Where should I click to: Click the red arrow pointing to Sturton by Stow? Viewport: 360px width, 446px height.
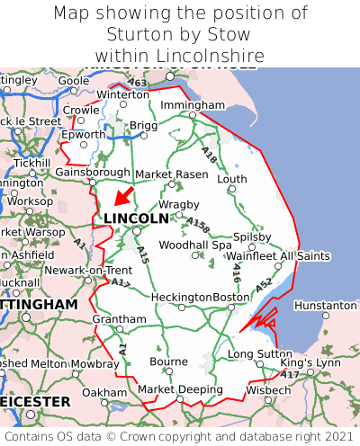(123, 195)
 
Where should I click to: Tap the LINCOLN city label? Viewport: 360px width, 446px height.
(136, 219)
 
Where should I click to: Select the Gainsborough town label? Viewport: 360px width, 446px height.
(93, 172)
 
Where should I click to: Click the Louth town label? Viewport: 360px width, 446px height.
(231, 179)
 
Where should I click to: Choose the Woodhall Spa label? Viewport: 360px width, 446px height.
(195, 245)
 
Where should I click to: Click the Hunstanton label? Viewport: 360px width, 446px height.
(325, 306)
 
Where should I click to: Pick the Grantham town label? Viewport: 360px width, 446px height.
(119, 319)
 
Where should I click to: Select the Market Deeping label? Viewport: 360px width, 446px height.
(180, 389)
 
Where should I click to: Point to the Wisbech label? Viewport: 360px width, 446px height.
(267, 390)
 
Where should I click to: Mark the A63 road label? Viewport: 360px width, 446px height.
(138, 84)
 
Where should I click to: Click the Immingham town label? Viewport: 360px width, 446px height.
(192, 105)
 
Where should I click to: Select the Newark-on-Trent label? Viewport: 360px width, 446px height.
(88, 270)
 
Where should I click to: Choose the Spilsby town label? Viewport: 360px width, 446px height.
(252, 236)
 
